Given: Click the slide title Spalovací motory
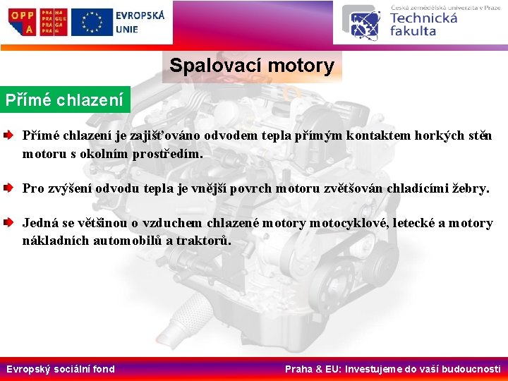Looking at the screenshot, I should tap(251, 66).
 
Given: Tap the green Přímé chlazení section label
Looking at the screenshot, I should tap(65, 99).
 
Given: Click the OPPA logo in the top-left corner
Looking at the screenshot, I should tap(23, 23).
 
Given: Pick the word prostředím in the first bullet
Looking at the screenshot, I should tap(167, 153).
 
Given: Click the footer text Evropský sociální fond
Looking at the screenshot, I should tap(61, 369).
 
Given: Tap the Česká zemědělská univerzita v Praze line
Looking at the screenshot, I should tap(445, 7).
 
